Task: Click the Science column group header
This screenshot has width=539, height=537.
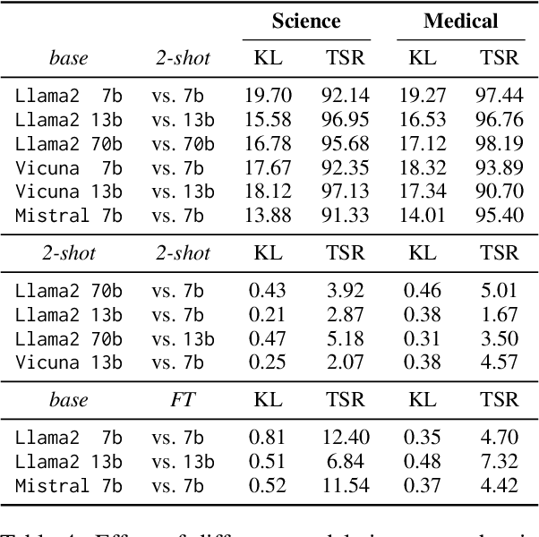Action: coord(306,21)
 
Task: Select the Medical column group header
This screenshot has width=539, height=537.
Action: coord(460,21)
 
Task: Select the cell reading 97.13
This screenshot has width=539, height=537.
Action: coord(345,192)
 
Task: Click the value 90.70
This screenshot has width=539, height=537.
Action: coord(499,192)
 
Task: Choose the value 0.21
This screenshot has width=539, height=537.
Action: coord(268,314)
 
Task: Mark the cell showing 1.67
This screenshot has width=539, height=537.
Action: coord(499,314)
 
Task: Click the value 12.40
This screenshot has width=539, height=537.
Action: coord(345,437)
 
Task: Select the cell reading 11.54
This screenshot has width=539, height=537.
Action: coord(345,486)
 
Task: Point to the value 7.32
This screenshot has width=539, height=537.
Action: coord(499,461)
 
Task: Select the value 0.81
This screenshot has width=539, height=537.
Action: coord(268,437)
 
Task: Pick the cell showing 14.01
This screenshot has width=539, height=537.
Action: coord(422,216)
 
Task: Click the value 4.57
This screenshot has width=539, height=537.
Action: coord(499,362)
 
